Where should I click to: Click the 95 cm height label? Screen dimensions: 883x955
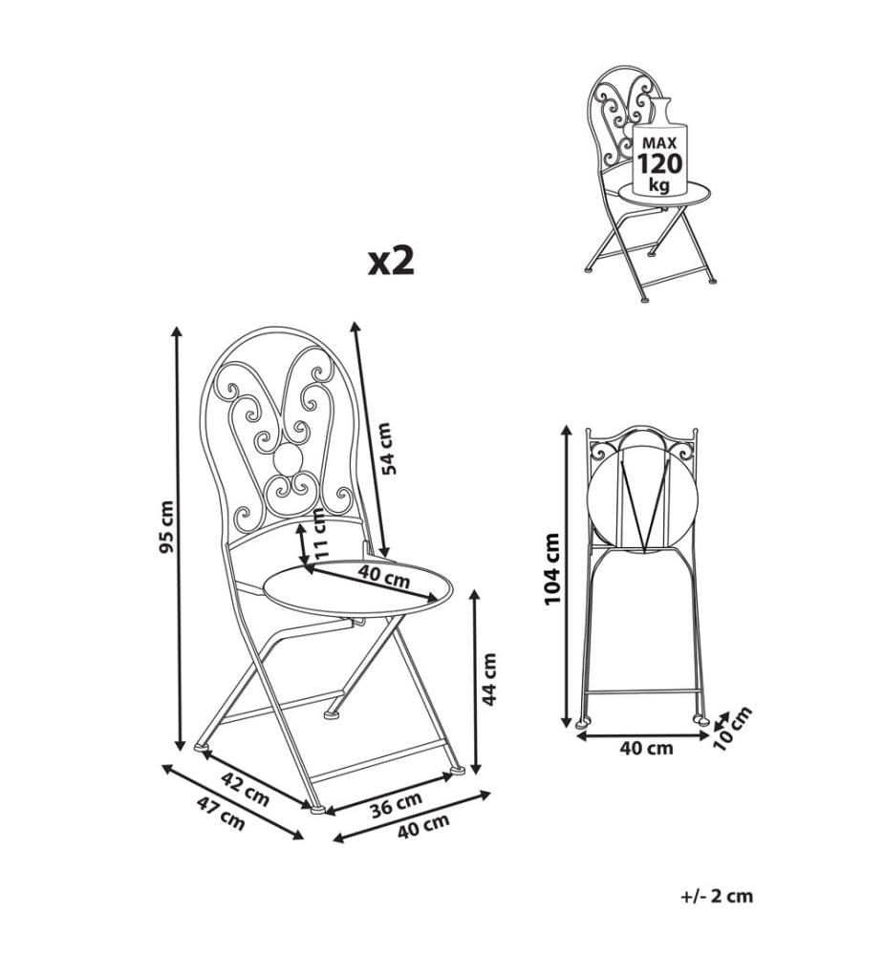[167, 527]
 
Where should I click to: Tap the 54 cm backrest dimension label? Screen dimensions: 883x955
[388, 448]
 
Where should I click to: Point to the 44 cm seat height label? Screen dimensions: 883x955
[488, 679]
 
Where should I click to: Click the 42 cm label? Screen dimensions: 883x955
[245, 789]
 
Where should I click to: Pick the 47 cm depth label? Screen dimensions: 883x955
[221, 813]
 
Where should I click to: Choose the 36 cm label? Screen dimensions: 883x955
[396, 805]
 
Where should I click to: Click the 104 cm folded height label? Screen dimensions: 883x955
[551, 569]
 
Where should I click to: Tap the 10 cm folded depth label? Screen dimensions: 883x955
[732, 729]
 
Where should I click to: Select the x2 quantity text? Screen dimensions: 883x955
[391, 262]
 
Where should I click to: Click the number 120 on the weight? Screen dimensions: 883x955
[660, 164]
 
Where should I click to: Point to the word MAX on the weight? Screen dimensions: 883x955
[659, 144]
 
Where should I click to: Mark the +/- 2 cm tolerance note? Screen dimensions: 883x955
[717, 896]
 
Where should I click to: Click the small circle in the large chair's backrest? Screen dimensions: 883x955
[287, 457]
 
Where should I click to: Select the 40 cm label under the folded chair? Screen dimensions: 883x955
[647, 748]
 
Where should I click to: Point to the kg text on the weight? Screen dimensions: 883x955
[658, 184]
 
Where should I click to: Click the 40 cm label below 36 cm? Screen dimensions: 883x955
[423, 826]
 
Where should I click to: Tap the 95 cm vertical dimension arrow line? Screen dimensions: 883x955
[178, 539]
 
